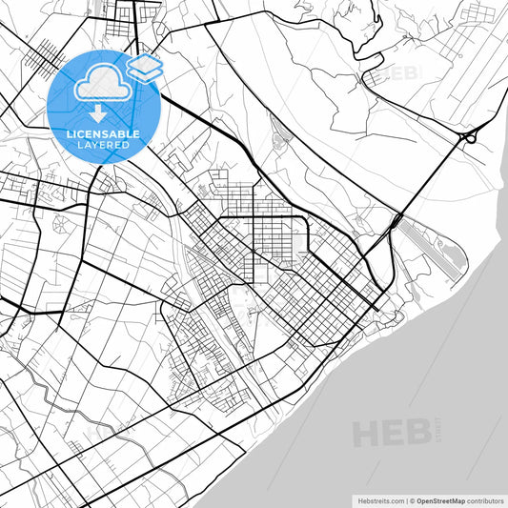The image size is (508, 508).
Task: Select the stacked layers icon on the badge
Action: pos(145,67)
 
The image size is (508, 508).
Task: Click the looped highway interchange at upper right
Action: pos(468,138)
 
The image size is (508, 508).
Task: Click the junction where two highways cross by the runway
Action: pos(393,223)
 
